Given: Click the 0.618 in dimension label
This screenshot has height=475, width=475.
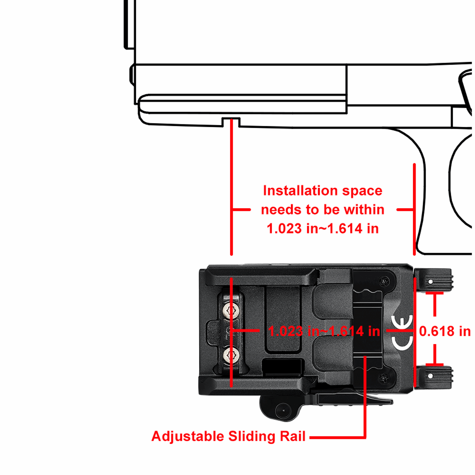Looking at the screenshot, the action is (x=445, y=331).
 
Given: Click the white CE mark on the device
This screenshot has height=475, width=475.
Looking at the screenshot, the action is (x=402, y=332).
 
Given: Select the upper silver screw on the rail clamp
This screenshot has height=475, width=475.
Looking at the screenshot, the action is (x=231, y=310).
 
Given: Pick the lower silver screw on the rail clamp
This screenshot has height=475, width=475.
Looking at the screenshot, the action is (x=231, y=355).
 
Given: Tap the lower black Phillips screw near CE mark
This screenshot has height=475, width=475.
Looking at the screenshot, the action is (x=384, y=377).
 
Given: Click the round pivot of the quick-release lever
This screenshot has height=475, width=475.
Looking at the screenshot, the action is (x=283, y=410).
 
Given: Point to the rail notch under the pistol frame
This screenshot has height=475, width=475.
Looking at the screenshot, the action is (x=231, y=122).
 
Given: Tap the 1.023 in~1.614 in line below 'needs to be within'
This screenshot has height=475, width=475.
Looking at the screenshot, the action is (x=322, y=229).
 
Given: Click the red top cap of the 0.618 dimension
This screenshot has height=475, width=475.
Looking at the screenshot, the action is (x=435, y=293).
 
